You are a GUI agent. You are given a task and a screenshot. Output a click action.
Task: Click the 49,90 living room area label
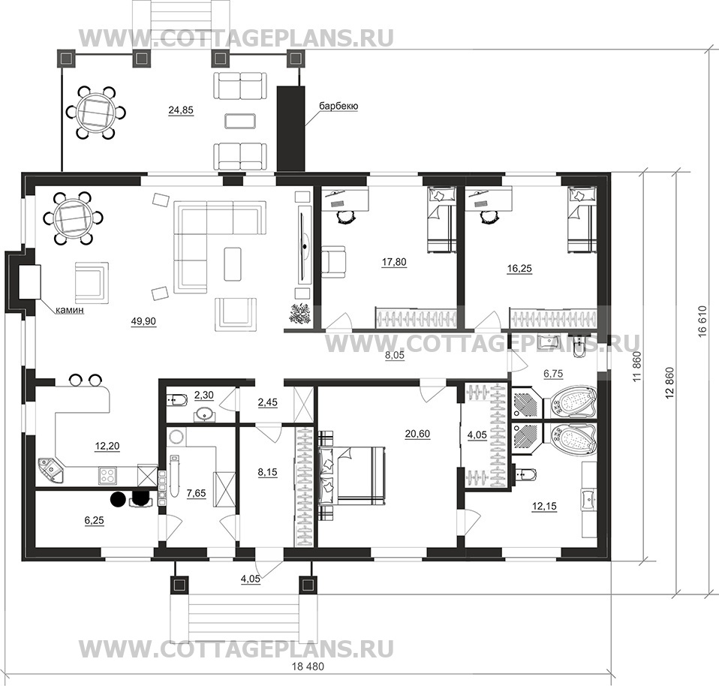pos(143,321)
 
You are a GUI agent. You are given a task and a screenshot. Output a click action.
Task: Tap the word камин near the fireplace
pos(70,310)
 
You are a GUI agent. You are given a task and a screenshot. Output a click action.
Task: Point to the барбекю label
pos(339,106)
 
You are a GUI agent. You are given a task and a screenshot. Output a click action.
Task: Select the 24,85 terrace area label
pos(181,110)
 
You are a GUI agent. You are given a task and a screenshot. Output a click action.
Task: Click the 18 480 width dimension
pos(307,666)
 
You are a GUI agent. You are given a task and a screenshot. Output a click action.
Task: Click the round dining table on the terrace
pos(96,113)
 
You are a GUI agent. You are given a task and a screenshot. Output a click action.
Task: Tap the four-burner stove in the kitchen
pos(108,474)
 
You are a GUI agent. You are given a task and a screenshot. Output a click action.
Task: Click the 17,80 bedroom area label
pos(394,262)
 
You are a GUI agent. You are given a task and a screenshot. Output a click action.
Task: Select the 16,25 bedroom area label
pos(519,268)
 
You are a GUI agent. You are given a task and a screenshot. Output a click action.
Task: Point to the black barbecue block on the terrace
pos(290,128)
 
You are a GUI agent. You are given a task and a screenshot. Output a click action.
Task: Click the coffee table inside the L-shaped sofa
pos(233,263)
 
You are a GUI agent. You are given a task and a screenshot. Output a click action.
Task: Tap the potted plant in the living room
pos(299,314)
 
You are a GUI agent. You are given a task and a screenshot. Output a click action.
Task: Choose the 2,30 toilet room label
pos(203,395)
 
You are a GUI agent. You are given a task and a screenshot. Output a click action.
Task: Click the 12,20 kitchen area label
pos(107,446)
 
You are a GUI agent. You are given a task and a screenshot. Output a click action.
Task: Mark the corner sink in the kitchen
pos(51,471)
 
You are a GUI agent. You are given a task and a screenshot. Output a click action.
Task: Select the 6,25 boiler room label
pos(95,520)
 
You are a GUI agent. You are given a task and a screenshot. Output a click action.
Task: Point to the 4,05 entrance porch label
pos(251,579)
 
